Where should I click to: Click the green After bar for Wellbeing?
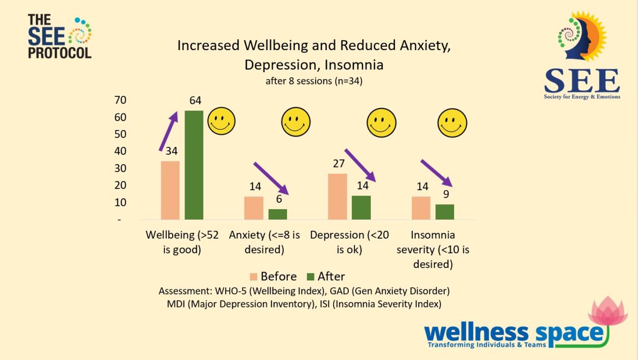coord(194,165)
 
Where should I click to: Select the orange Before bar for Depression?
coord(337,196)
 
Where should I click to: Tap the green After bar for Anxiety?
coord(278,214)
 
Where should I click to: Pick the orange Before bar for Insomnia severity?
coord(421,208)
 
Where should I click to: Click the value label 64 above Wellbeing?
coord(195,101)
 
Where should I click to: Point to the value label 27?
coord(339,164)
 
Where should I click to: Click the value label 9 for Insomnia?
coord(446,194)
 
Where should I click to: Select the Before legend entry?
coord(273,276)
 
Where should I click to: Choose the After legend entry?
coord(326,276)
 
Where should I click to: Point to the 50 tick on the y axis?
coord(120,134)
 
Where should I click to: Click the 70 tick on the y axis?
coord(120,100)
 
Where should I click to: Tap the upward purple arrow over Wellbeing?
coord(168,131)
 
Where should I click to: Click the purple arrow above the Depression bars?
coord(360,166)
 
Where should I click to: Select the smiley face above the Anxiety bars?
coord(296,122)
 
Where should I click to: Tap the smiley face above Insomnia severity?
coord(452,122)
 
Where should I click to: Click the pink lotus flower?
coord(608,311)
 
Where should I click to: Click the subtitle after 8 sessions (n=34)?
coord(314,82)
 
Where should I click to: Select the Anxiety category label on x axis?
coord(264,242)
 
